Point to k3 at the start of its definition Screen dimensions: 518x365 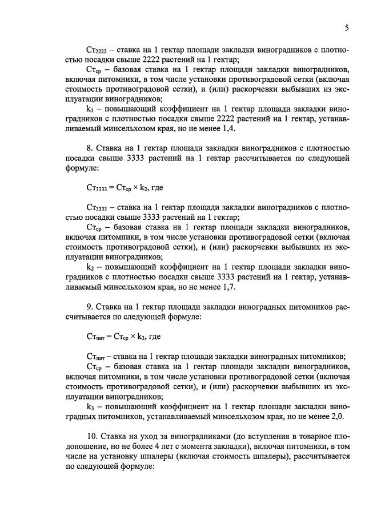[91, 406]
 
